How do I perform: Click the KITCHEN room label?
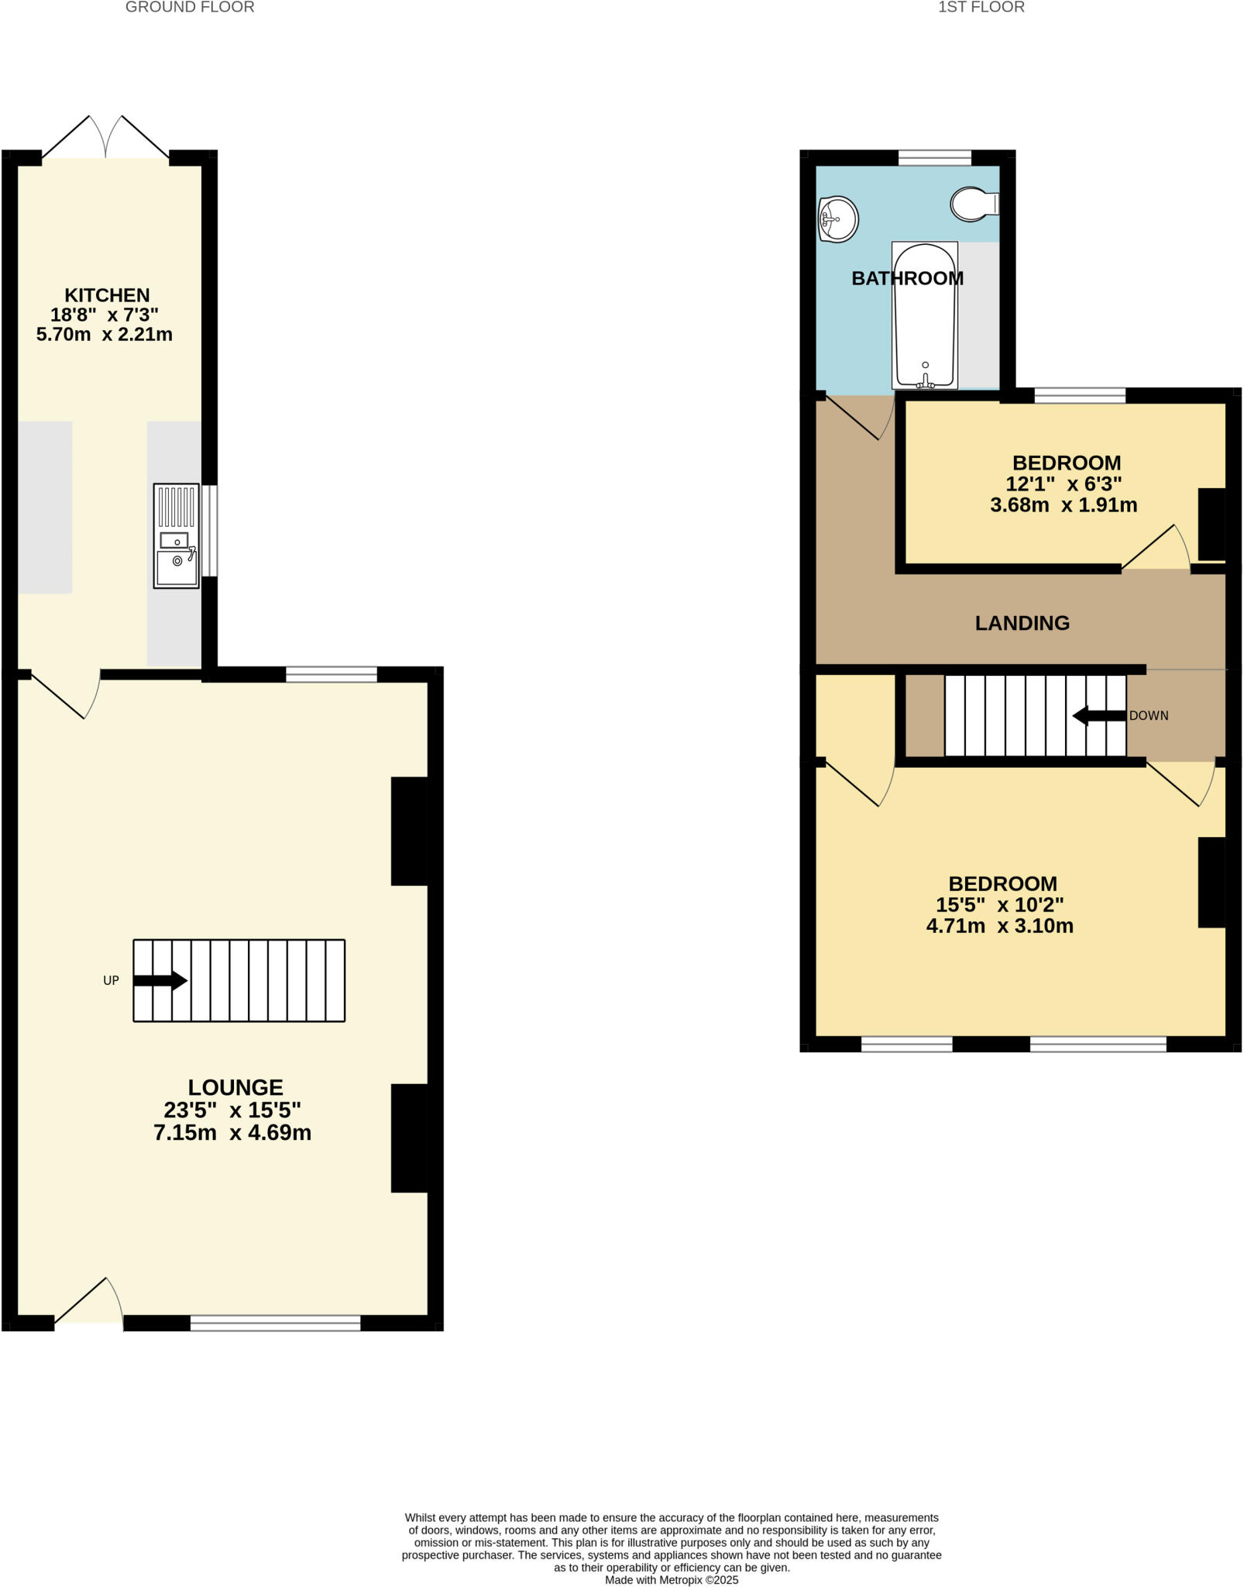[x=107, y=295]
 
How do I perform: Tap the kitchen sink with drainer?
[x=177, y=535]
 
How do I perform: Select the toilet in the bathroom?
[x=974, y=204]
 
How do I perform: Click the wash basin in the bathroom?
[x=838, y=219]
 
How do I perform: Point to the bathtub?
[x=925, y=315]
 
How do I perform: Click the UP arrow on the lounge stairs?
[x=160, y=980]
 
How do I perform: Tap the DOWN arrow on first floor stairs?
[x=1099, y=716]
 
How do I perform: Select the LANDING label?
[x=1022, y=623]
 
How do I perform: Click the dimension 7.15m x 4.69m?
[x=232, y=1133]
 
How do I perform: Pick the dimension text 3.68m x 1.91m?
[x=1064, y=505]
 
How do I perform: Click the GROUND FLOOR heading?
[x=190, y=8]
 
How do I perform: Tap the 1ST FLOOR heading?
[x=981, y=8]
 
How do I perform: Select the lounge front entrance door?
[x=88, y=1304]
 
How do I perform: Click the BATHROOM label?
[x=907, y=279]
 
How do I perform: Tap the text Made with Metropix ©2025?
[x=672, y=1579]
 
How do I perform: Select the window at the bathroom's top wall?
[x=934, y=158]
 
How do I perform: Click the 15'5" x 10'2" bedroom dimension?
[x=999, y=904]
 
